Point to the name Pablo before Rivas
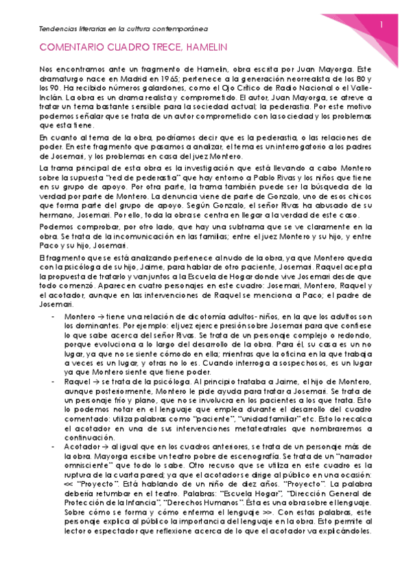click(270, 177)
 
